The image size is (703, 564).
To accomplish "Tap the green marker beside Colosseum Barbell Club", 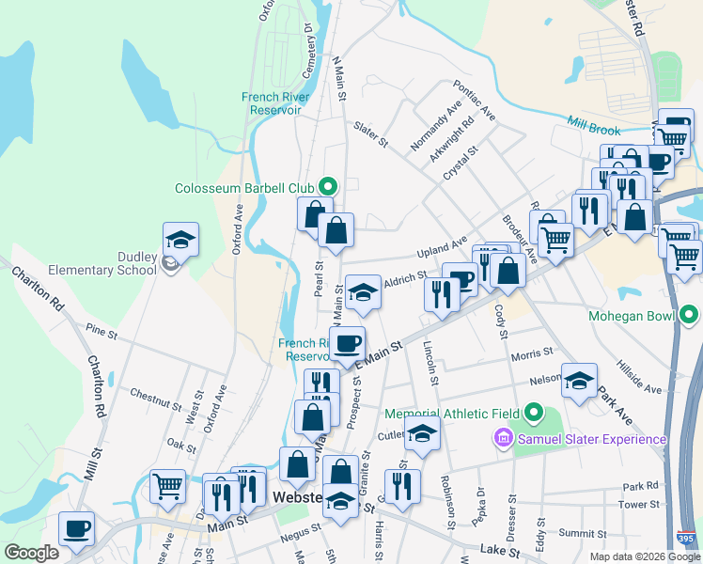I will point(327,187).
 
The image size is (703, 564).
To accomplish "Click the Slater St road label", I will point(370,133).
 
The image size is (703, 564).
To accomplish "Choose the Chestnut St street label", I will point(156,399).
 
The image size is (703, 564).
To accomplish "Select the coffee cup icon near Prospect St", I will point(347,344).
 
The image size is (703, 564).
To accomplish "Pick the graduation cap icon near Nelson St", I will point(580,381).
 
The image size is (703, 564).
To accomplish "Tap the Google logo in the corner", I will point(31,553).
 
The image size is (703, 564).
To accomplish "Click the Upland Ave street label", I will point(442,248).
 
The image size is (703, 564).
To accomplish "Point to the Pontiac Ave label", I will point(475,100).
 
